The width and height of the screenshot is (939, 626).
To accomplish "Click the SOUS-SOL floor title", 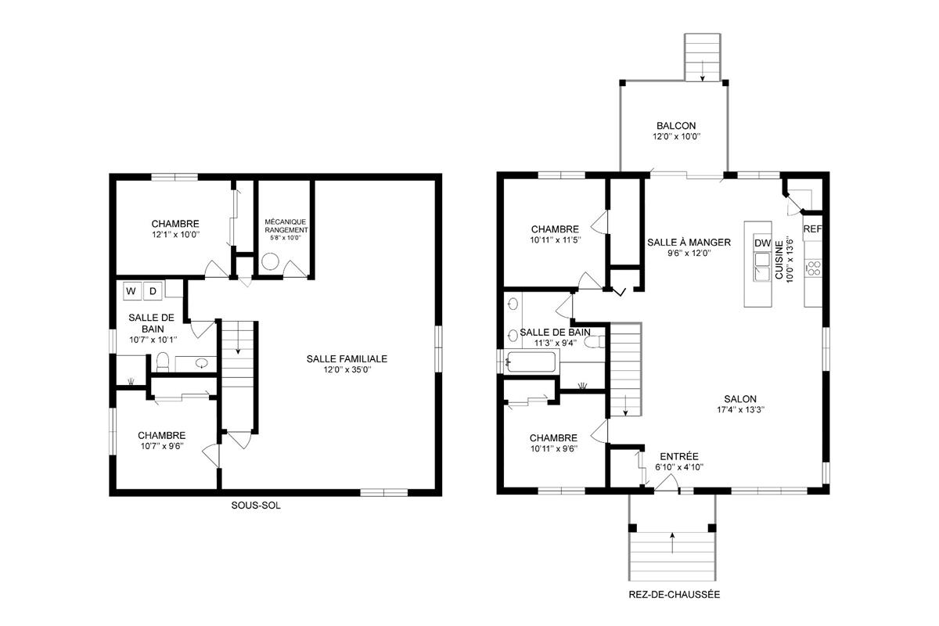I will [x=255, y=505].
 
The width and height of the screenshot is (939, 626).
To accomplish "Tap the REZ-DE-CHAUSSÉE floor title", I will [x=674, y=595].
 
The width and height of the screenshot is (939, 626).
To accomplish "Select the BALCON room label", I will [x=676, y=126].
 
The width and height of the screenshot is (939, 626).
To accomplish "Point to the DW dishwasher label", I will [x=762, y=243].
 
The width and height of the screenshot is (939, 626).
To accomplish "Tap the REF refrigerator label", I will [x=812, y=229].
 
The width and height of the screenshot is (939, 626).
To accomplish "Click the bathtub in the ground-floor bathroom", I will [x=532, y=362].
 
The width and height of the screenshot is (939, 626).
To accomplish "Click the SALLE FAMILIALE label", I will [x=347, y=358].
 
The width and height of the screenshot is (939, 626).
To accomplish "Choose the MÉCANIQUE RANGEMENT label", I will [x=286, y=226].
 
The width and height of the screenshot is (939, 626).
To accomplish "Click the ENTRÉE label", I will [x=678, y=456].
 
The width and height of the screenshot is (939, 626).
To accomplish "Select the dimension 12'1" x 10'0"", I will [x=175, y=234].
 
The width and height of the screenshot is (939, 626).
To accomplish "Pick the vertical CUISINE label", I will [x=779, y=261].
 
